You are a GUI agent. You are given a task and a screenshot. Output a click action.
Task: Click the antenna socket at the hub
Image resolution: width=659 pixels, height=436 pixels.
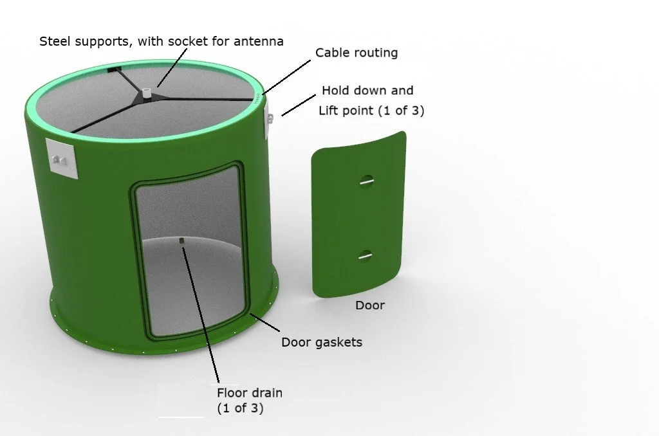point(147,93)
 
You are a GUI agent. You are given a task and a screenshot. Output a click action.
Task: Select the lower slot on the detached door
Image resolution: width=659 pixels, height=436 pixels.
point(365,256)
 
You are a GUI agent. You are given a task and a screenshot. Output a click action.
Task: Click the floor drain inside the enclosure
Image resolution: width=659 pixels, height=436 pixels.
point(182,242)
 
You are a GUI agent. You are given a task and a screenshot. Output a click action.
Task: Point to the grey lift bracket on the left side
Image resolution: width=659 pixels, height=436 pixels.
point(62,159)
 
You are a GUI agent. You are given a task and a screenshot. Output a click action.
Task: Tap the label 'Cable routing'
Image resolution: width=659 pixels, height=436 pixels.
point(356,53)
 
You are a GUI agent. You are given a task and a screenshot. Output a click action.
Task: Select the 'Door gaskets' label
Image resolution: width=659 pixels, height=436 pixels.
point(321,342)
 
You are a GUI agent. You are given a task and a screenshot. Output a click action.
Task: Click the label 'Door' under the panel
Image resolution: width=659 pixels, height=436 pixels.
point(370,305)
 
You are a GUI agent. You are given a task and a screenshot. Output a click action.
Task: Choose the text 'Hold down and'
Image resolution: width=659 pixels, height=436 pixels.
point(367,91)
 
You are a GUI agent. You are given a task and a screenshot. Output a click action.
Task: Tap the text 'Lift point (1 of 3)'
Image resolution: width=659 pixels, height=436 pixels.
point(371,110)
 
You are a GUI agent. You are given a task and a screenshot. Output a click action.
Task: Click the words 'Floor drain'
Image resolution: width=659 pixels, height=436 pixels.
point(250,392)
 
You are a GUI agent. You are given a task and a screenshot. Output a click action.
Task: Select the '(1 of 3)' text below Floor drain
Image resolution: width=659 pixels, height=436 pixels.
point(240,408)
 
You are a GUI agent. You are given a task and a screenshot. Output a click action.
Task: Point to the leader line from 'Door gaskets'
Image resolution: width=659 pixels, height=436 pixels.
point(265,326)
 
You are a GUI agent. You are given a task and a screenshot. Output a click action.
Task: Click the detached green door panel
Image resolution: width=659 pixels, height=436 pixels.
point(358,219)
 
